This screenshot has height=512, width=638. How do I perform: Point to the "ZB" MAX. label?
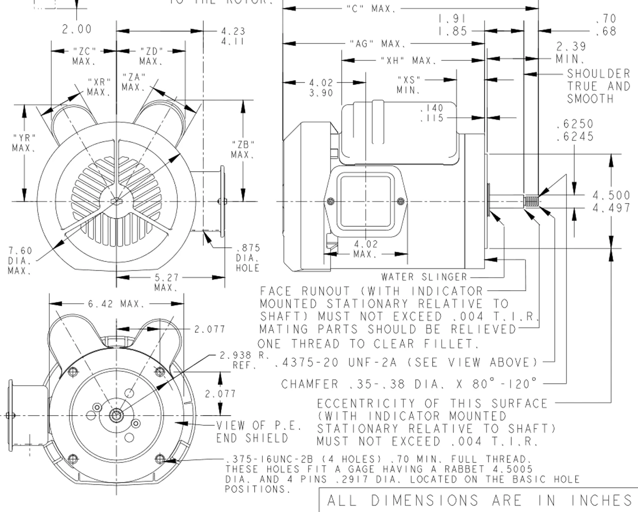coord(243,149)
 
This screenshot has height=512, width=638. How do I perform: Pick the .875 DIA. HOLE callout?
coord(247,257)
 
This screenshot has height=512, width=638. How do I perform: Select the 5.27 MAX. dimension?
coord(166,282)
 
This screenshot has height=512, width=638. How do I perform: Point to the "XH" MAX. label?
coord(408,60)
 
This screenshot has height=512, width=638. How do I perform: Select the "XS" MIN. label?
coord(409,84)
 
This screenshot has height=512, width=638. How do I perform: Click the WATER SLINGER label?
coord(424,276)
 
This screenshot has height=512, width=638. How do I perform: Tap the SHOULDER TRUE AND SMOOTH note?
coord(598,86)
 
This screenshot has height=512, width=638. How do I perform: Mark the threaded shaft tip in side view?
coord(532,202)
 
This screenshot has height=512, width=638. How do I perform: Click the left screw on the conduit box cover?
coord(330,201)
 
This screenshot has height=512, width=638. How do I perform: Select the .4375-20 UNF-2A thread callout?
coord(406,362)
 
